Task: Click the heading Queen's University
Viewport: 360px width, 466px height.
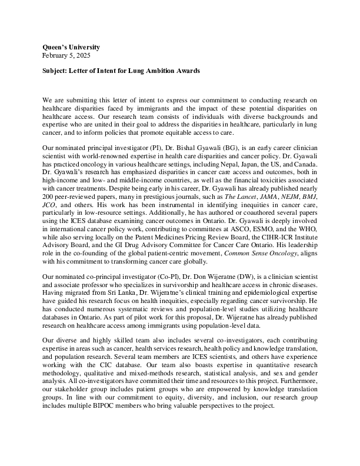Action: pos(71,47)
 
